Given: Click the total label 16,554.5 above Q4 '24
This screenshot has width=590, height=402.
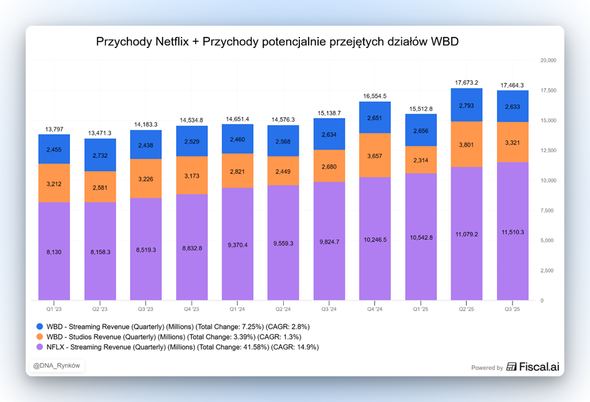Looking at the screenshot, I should click(375, 96).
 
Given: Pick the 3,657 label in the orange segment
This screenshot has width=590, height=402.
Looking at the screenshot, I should click(375, 155).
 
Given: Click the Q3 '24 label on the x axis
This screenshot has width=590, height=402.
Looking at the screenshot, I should click(329, 308).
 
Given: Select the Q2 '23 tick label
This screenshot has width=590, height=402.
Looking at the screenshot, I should click(100, 308).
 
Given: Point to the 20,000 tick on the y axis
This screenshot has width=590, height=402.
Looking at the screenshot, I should click(547, 61).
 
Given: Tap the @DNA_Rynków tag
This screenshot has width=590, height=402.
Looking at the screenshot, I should click(56, 365).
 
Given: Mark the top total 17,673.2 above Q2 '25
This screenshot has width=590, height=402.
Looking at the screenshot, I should click(467, 82).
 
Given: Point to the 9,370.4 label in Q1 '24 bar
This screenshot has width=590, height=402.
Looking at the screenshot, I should click(237, 245).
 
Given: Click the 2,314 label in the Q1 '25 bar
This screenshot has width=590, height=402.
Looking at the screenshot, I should click(421, 160).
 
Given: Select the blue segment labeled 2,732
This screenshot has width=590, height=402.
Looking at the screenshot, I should click(100, 155).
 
